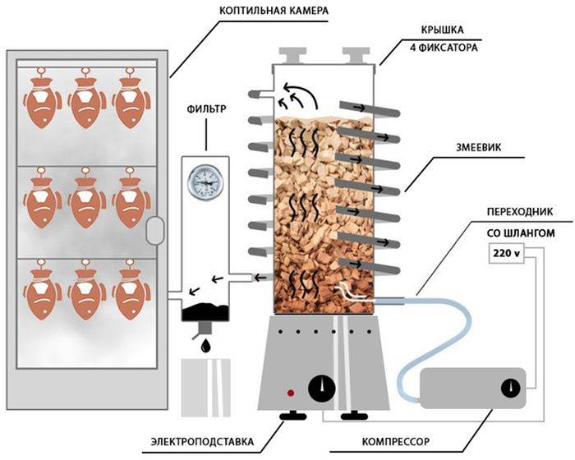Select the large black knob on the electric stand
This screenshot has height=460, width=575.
tap(321, 388)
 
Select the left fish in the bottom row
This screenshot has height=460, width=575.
tap(39, 292)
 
